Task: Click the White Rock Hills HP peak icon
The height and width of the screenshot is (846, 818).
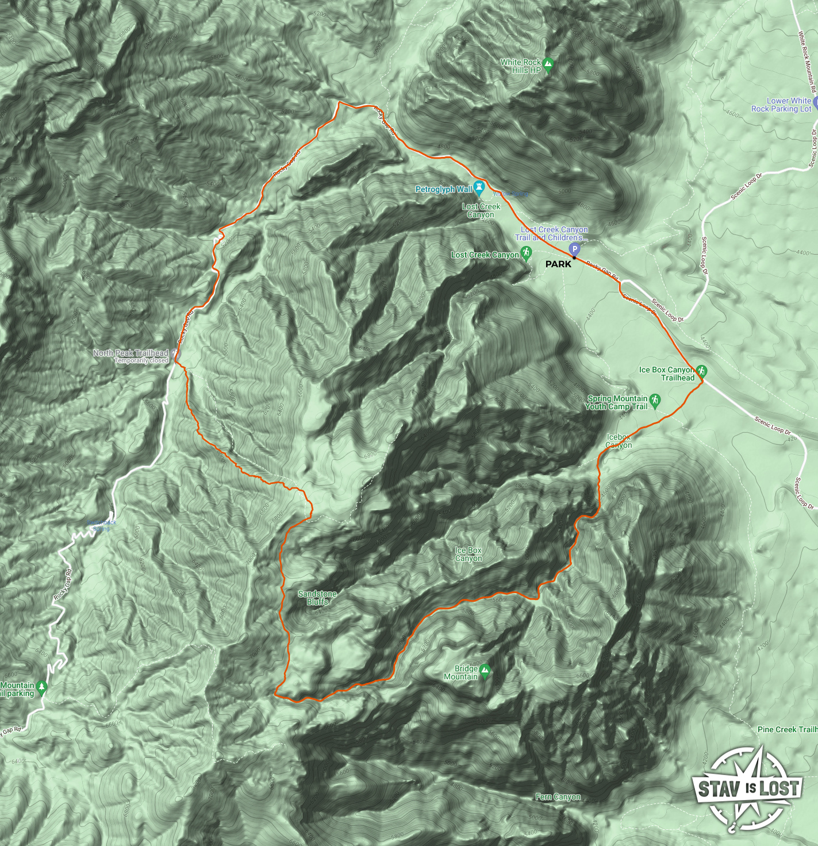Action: click(x=548, y=64)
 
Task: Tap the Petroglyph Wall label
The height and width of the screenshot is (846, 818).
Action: click(x=443, y=189)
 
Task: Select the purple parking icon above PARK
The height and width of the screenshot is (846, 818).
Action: click(x=574, y=249)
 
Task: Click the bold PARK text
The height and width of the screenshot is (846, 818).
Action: click(x=558, y=264)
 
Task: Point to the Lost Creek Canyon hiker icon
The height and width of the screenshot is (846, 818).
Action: click(x=526, y=253)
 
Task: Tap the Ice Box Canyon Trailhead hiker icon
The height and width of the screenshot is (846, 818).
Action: click(x=701, y=371)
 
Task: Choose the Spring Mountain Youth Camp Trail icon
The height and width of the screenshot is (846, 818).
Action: click(x=655, y=400)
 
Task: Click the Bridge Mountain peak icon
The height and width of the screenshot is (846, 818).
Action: click(x=485, y=670)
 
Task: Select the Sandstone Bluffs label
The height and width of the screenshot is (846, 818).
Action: click(x=317, y=598)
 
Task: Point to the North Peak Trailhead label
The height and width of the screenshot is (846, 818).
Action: click(x=130, y=353)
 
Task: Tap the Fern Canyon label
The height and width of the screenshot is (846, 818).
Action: click(x=558, y=797)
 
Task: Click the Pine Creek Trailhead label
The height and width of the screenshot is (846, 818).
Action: click(x=787, y=729)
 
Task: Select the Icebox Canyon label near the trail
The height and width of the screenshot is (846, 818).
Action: click(x=619, y=441)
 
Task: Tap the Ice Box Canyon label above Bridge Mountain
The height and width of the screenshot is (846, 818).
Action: click(x=468, y=554)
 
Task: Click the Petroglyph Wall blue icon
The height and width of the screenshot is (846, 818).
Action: click(x=478, y=189)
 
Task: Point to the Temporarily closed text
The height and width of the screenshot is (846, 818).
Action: click(x=141, y=361)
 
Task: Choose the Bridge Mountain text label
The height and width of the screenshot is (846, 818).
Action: click(x=461, y=672)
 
